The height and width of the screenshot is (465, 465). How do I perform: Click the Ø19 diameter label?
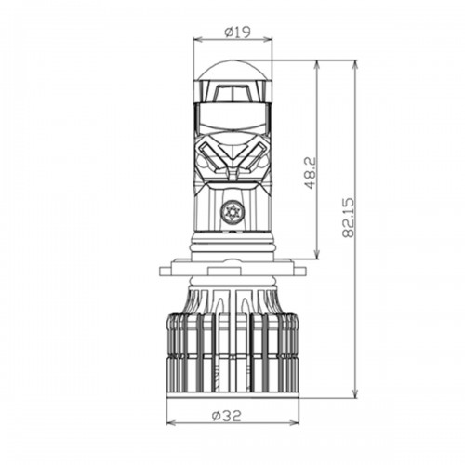click(237, 33)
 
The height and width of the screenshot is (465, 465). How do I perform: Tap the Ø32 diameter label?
click(226, 416)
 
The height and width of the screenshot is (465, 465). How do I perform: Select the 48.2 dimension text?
click(310, 173)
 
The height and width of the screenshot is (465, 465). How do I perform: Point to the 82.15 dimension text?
click(348, 218)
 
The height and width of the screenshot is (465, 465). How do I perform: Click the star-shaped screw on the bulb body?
click(232, 212)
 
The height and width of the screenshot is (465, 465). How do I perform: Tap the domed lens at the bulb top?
click(232, 70)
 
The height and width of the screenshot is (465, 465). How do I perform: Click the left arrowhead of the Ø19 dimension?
click(198, 39)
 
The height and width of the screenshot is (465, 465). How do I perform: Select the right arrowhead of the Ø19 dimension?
click(268, 39)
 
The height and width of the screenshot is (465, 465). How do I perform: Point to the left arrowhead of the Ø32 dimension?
click(172, 423)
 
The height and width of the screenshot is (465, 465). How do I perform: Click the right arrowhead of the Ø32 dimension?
click(295, 423)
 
